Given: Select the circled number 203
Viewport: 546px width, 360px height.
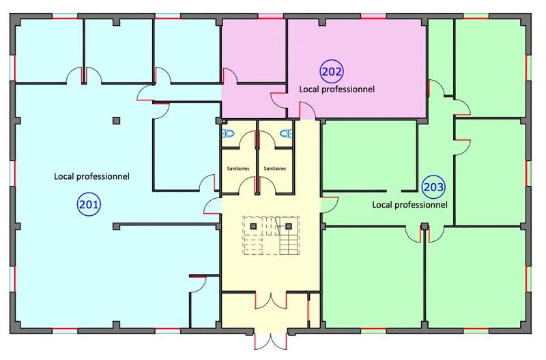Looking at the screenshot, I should pyautogui.click(x=433, y=186).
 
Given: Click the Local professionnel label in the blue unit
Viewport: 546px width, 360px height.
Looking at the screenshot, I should pyautogui.click(x=91, y=176).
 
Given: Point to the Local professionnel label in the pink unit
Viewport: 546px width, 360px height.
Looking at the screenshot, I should pyautogui.click(x=337, y=89).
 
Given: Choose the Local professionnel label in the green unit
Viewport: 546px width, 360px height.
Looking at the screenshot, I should pyautogui.click(x=409, y=204).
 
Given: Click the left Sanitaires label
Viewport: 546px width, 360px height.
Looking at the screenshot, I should pyautogui.click(x=238, y=168).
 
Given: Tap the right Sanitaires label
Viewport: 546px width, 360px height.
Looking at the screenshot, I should pyautogui.click(x=274, y=168).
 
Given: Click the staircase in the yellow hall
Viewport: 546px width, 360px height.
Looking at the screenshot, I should pyautogui.click(x=273, y=236).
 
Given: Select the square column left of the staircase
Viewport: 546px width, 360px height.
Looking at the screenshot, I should pyautogui.click(x=253, y=225).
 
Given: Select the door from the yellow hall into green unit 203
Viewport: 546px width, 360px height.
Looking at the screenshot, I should pyautogui.click(x=328, y=203).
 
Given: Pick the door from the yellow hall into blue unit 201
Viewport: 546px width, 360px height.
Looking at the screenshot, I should pyautogui.click(x=213, y=204).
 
